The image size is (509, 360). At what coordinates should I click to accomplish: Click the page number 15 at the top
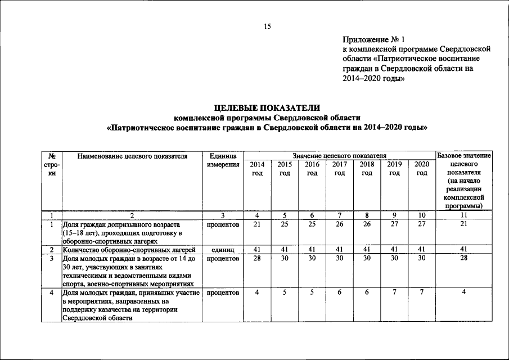click(267, 26)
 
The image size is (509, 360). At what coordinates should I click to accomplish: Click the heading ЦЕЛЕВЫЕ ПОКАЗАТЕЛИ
click(267, 107)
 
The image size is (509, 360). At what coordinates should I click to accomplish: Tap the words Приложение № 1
click(373, 39)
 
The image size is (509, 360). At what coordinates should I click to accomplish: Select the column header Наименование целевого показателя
click(132, 155)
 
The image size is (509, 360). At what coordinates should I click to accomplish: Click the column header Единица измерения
click(223, 160)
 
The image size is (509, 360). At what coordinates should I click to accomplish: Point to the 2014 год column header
click(256, 169)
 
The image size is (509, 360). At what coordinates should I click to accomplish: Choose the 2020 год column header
click(422, 169)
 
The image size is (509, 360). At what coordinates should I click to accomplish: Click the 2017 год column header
click(339, 169)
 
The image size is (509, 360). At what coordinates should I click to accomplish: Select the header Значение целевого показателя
click(339, 155)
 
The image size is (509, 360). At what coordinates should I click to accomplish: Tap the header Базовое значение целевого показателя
click(465, 180)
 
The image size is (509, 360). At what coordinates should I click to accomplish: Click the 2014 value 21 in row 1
click(256, 224)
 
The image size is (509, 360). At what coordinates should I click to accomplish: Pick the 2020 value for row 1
click(422, 224)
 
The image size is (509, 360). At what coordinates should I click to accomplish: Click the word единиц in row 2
click(223, 249)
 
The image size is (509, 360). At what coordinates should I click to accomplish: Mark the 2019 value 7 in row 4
click(394, 292)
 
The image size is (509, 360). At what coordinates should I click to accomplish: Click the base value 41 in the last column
click(465, 249)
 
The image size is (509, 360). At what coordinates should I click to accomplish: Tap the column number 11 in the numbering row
click(465, 215)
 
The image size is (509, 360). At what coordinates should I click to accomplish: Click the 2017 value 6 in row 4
click(339, 292)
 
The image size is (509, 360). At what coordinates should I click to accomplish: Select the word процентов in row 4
click(223, 293)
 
